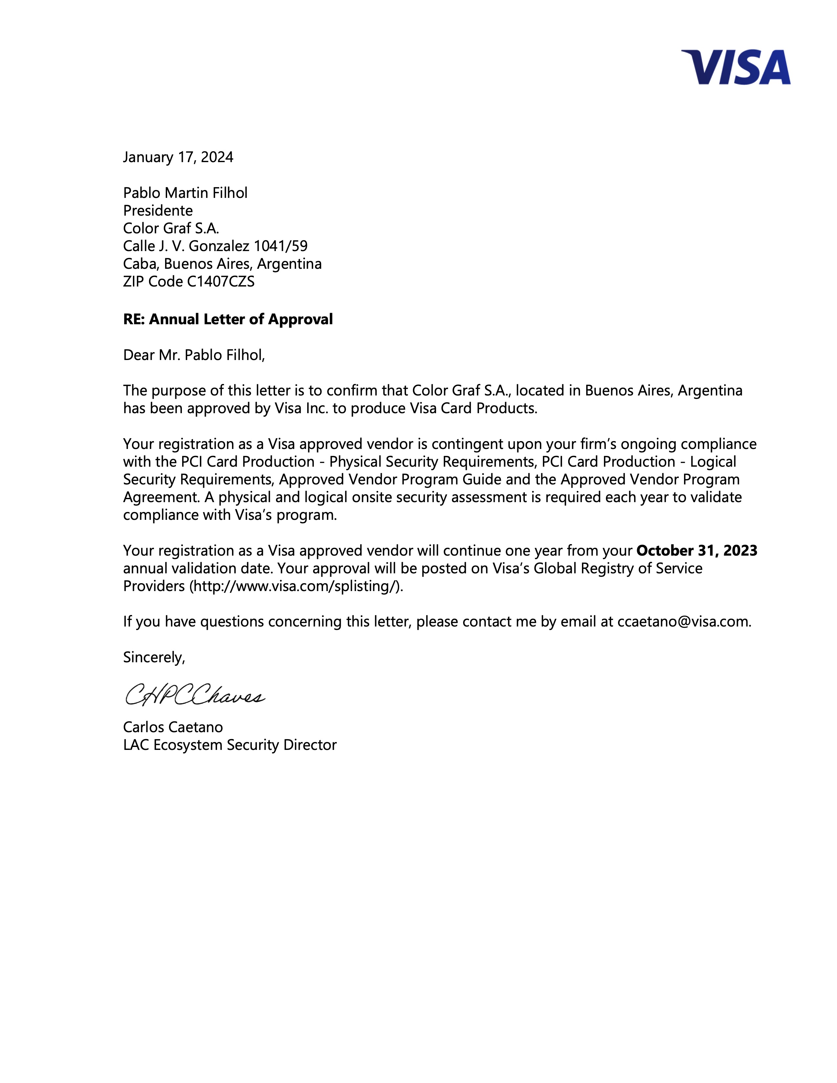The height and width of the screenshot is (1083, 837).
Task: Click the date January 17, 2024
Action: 178,157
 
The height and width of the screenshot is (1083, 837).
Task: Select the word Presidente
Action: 158,211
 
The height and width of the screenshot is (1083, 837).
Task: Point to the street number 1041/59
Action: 281,246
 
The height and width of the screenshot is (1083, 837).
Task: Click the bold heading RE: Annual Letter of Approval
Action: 227,319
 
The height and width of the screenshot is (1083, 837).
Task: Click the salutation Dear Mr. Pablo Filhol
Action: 194,355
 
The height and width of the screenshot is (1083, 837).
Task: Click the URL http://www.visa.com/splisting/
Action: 296,586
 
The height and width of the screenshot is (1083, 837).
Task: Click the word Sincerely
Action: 154,658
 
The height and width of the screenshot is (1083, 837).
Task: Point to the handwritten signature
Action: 195,695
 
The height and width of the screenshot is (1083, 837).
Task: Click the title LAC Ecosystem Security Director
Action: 229,745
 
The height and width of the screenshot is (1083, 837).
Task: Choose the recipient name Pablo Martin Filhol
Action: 185,193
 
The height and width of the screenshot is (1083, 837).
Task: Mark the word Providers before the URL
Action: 154,586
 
